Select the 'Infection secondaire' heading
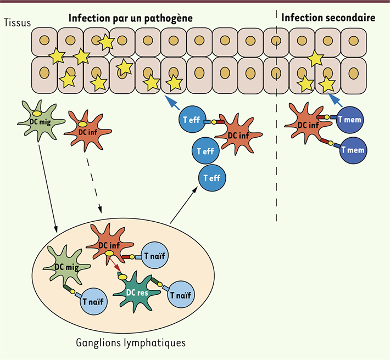pyautogui.click(x=328, y=18)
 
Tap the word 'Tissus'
pyautogui.click(x=15, y=22)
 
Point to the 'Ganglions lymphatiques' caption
pyautogui.click(x=130, y=343)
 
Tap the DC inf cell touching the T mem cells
pyautogui.click(x=308, y=126)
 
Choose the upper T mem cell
pyautogui.click(x=350, y=118)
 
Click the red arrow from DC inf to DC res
pyautogui.click(x=117, y=265)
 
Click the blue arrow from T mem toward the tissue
pyautogui.click(x=335, y=99)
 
